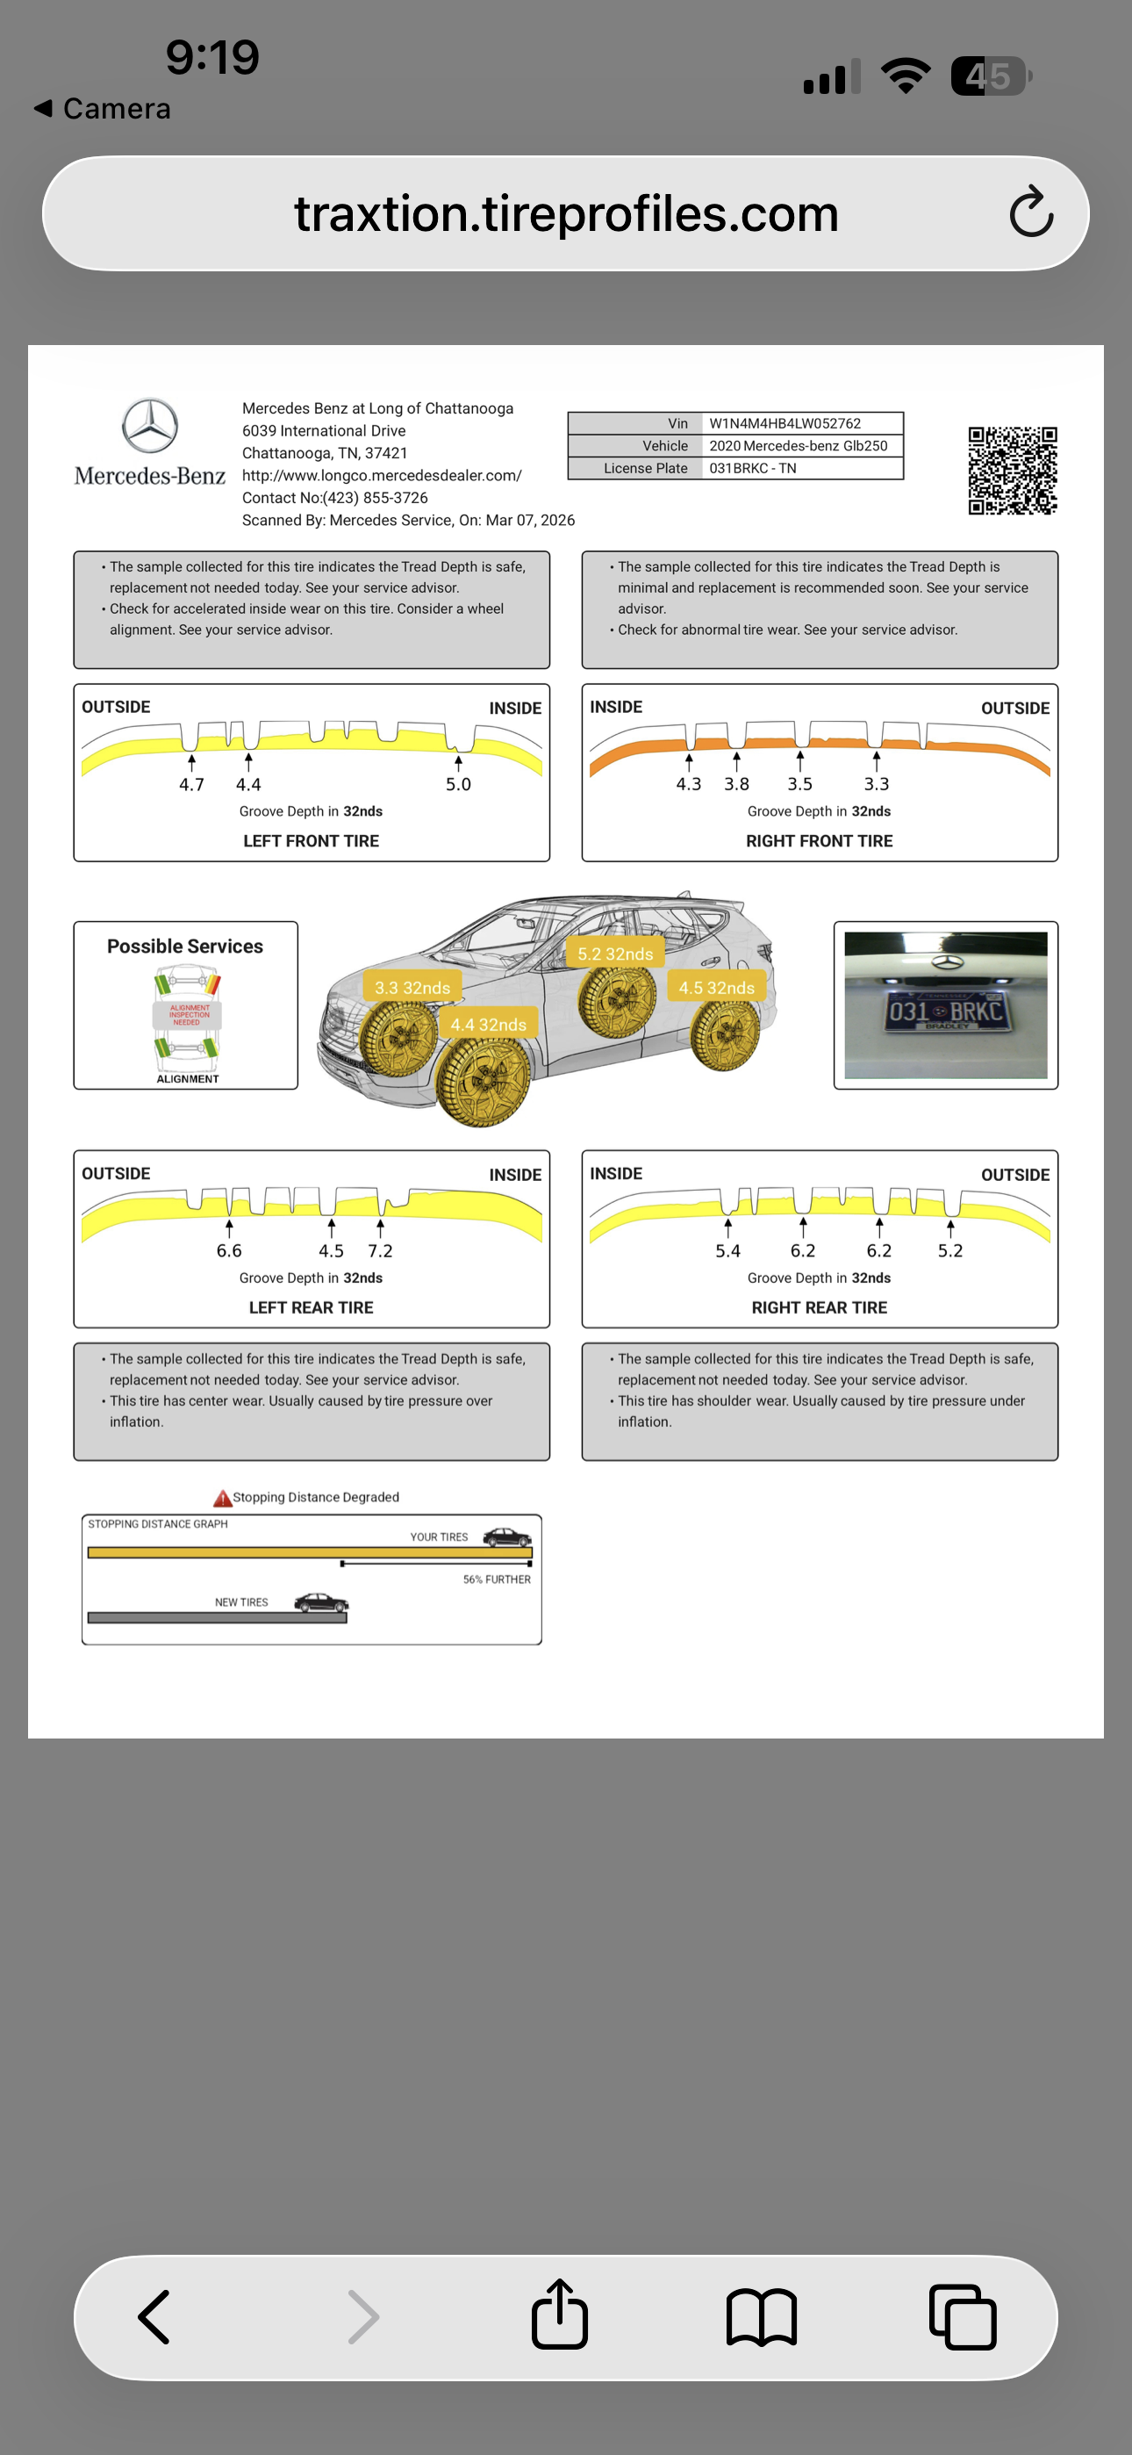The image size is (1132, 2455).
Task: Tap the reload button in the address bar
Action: [x=1031, y=212]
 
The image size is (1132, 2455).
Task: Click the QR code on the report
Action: [x=1012, y=470]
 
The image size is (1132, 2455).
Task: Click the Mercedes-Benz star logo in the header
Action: [x=149, y=426]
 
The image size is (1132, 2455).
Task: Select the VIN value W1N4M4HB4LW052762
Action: [x=785, y=423]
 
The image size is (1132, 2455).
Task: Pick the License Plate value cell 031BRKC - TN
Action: [x=752, y=468]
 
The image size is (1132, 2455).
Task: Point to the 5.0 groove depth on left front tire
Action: [x=458, y=784]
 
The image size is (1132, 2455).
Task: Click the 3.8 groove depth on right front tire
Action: [x=736, y=784]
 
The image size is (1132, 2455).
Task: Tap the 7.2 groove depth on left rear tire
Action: [x=380, y=1250]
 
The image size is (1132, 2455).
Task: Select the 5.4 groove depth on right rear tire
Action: [x=728, y=1250]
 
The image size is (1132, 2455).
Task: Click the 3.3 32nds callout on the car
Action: [x=412, y=987]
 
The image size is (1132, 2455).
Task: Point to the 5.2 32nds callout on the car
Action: [x=614, y=953]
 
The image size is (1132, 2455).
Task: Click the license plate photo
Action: [x=945, y=1005]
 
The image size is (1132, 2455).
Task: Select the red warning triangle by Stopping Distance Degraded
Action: [x=222, y=1498]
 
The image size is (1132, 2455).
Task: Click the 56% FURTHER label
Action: [x=497, y=1580]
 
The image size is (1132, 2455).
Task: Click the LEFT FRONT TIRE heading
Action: [x=311, y=840]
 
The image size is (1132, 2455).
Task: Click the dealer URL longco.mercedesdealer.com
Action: [x=381, y=475]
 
